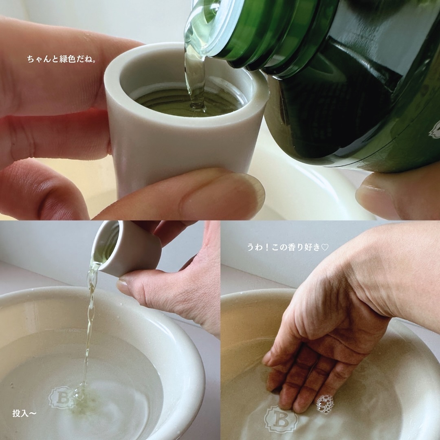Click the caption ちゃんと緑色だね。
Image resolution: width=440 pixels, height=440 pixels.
tap(62, 59)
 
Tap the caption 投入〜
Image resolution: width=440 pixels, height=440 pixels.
tap(24, 413)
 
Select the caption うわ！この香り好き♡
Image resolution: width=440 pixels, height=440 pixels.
tap(288, 247)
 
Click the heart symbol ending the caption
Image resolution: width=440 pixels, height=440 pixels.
tap(325, 248)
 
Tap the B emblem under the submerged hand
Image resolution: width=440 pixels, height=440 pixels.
tap(281, 419)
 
